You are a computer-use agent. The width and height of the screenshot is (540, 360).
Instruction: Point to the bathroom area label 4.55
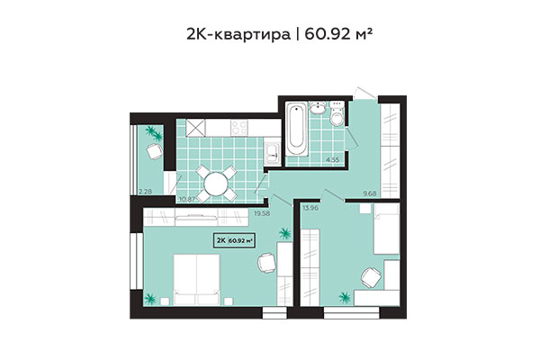pyautogui.click(x=332, y=160)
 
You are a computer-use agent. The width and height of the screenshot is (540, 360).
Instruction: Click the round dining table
pyautogui.click(x=216, y=184)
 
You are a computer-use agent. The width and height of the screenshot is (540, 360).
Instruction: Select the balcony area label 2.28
pyautogui.click(x=145, y=190)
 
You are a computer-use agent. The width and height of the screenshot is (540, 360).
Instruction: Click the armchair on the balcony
pyautogui.click(x=153, y=155)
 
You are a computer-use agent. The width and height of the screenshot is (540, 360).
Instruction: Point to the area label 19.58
pyautogui.click(x=263, y=213)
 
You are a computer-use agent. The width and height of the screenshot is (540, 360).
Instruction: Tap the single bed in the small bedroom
pyautogui.click(x=386, y=232)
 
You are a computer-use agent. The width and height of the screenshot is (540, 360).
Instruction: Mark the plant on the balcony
pyautogui.click(x=154, y=132)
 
